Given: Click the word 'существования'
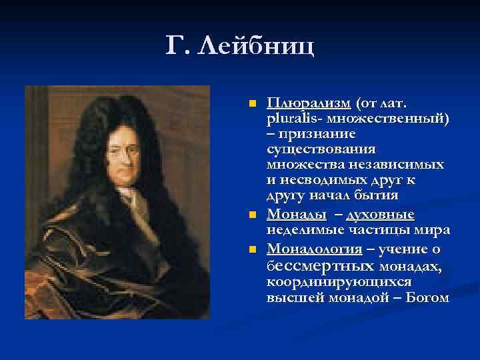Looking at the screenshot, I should pyautogui.click(x=321, y=149).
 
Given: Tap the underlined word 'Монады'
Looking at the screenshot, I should pyautogui.click(x=296, y=214).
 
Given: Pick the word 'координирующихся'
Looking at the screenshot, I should pyautogui.click(x=331, y=282).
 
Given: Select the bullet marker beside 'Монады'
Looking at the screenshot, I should pyautogui.click(x=251, y=215).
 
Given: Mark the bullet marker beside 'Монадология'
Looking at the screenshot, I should pyautogui.click(x=251, y=249).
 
